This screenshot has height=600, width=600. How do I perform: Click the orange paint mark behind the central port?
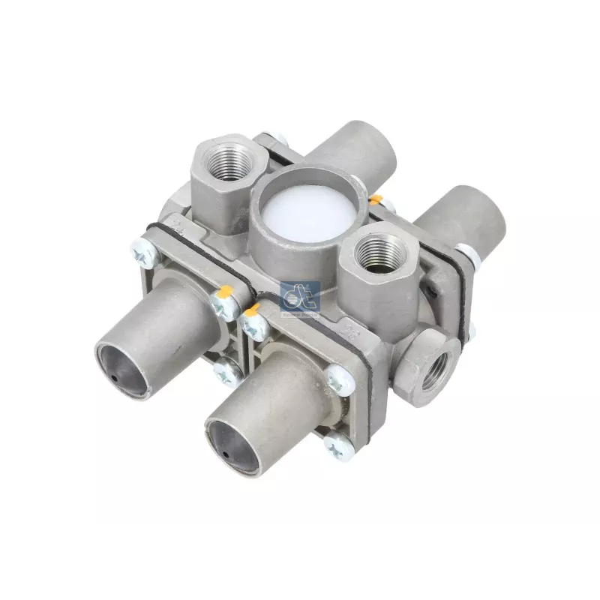click(376, 199)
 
